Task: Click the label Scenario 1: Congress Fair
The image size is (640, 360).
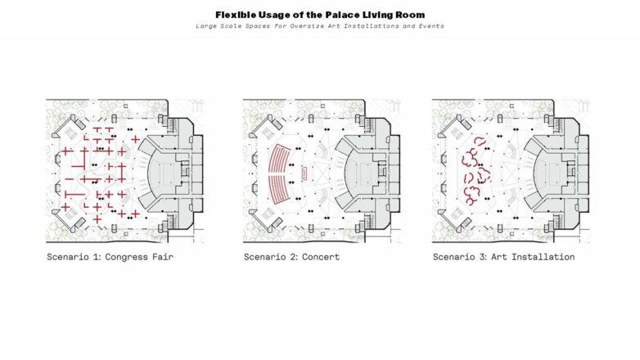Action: (x=110, y=257)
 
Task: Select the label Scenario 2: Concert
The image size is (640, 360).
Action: (x=292, y=257)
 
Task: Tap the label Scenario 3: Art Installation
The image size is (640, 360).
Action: (x=503, y=257)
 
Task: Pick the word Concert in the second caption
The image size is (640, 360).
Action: (x=321, y=257)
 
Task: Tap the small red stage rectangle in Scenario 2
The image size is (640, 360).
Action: (x=304, y=173)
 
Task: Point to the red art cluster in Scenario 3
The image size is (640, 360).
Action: (x=475, y=172)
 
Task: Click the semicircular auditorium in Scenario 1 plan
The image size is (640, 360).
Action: (x=163, y=173)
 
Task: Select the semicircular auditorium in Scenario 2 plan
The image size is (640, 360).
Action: (x=360, y=173)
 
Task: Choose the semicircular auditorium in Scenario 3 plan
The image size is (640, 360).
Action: (x=549, y=173)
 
